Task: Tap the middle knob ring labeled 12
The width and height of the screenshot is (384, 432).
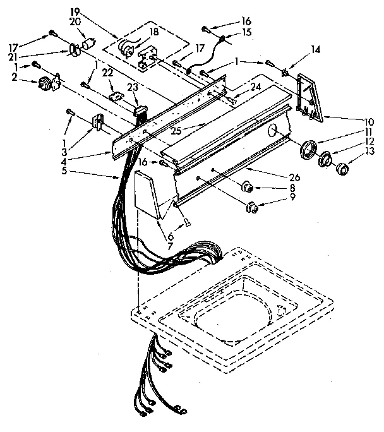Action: point(327,160)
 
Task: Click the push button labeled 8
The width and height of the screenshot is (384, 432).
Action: point(248,186)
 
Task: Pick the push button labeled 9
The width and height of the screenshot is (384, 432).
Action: point(253,206)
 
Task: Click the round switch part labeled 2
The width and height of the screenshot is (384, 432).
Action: point(47,82)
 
